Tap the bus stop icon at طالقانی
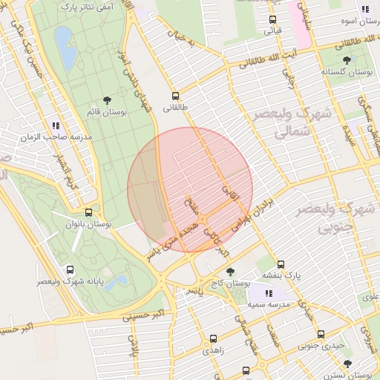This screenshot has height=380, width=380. tap(175, 96)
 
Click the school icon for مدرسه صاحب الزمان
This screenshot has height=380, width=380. tap(56, 126)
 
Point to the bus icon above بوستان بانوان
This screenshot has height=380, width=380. tap(88, 212)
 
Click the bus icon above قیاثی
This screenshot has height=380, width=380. tap(272, 20)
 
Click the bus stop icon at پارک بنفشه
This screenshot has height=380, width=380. tap(281, 264)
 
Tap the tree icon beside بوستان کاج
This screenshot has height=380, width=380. tap(230, 272)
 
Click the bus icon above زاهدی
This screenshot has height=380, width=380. tap(214, 338)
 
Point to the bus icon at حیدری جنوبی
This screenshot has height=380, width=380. tap(321, 335)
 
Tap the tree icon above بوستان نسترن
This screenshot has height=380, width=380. tap(347, 364)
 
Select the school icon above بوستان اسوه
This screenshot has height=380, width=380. tap(364, 10)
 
